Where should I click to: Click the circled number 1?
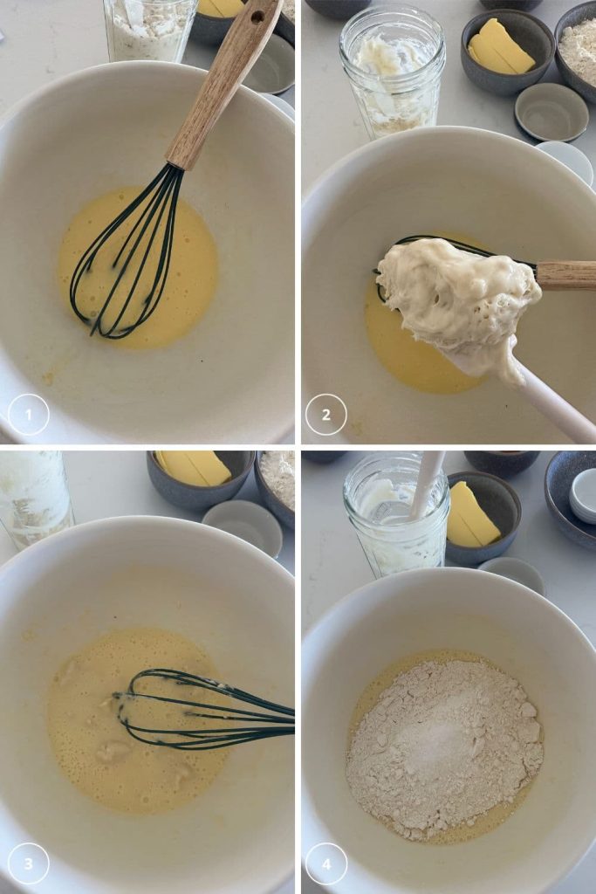[29, 415]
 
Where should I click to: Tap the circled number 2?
[325, 415]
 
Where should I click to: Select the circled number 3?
[29, 863]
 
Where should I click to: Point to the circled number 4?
[325, 863]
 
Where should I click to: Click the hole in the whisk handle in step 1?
[257, 17]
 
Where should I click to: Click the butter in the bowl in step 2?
[501, 47]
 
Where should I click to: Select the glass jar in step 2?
[392, 72]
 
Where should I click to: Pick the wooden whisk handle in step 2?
[565, 276]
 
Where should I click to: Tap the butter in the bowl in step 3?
[194, 468]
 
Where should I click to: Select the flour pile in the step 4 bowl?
[444, 747]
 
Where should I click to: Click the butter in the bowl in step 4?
[472, 516]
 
